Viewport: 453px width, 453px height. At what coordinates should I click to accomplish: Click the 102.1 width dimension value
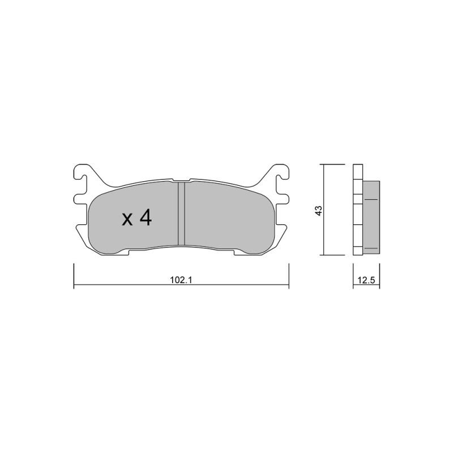coord(181,280)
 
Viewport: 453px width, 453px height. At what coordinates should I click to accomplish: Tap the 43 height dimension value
coord(318,210)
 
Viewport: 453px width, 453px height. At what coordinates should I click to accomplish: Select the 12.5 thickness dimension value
coord(366,280)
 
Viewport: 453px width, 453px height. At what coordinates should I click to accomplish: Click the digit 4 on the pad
coord(146,217)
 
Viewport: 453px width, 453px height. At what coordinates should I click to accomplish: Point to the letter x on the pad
coord(127,220)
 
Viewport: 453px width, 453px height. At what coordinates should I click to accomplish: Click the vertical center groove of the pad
coord(181,213)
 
